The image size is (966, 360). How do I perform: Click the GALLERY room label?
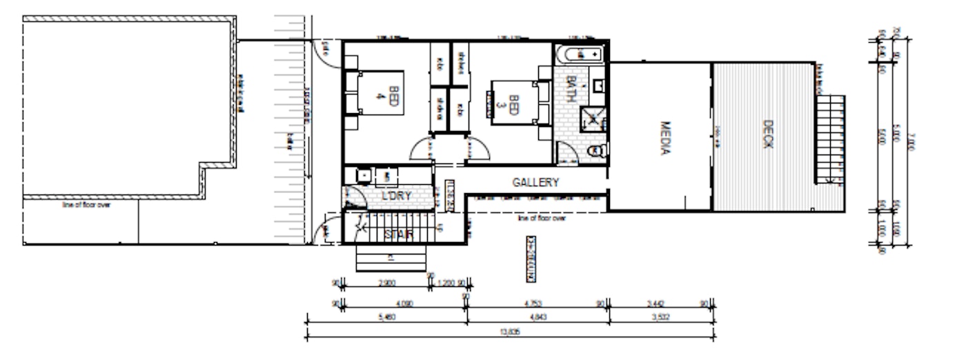tap(535, 183)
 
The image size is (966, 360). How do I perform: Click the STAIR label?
tap(399, 234)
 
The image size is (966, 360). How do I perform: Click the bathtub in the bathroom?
tap(580, 54)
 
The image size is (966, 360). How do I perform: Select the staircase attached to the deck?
tap(830, 138)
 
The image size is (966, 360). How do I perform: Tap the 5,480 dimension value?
tap(386, 317)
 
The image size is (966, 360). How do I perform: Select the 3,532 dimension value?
tap(662, 317)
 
